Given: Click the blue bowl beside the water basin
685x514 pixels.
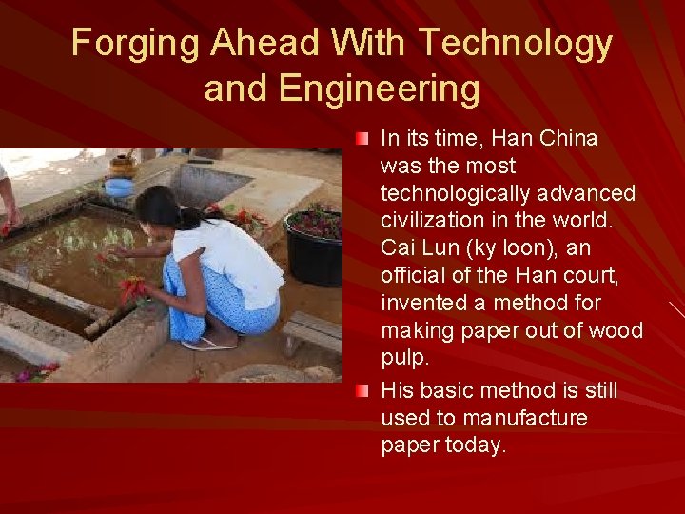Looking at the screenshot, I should point(120,187).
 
